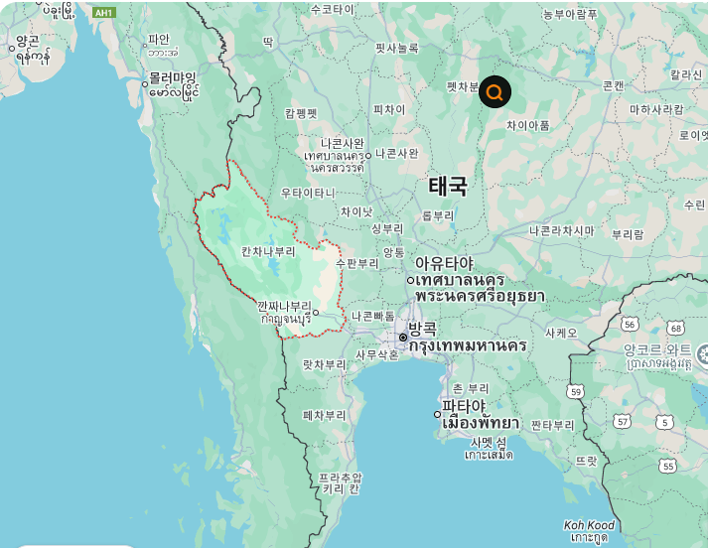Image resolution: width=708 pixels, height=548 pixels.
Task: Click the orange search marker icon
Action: (x=495, y=92)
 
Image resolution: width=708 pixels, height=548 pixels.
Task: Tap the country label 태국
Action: (x=448, y=186)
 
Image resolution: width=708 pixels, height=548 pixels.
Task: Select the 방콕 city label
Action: (x=422, y=329)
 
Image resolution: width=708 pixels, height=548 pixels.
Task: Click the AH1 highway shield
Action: (x=103, y=13)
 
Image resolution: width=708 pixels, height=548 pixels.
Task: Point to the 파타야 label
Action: (x=464, y=406)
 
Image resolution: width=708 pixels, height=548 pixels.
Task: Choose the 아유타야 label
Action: (x=444, y=263)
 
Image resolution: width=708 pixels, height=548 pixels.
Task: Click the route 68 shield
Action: (x=676, y=328)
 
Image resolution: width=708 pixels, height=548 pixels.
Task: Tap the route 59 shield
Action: (x=575, y=393)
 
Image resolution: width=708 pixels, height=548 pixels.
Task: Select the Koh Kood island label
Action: (x=589, y=525)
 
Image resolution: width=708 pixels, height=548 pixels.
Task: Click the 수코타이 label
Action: (x=332, y=9)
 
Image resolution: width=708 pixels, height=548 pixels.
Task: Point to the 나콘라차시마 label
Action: (x=561, y=230)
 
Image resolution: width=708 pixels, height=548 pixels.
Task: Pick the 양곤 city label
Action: (x=27, y=42)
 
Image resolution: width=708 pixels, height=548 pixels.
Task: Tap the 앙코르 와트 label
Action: (x=657, y=350)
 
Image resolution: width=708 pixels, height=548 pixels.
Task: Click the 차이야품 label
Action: (x=527, y=125)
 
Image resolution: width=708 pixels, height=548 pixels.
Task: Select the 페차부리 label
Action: (x=325, y=415)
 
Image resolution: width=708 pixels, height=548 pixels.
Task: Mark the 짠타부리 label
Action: (x=553, y=425)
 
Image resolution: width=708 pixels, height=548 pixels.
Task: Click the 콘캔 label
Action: (x=614, y=85)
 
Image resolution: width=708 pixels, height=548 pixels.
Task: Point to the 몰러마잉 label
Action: (x=173, y=76)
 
